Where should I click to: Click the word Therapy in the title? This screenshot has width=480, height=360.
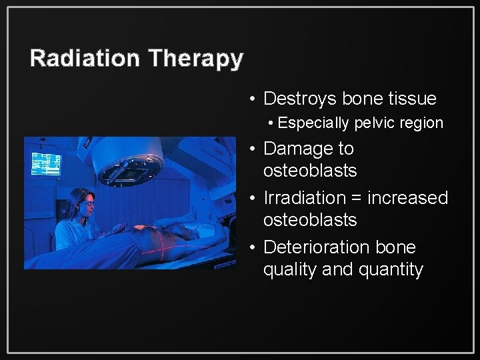click(x=195, y=59)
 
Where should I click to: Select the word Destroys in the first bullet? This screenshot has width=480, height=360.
click(x=300, y=99)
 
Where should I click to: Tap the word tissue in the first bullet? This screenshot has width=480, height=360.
click(x=411, y=99)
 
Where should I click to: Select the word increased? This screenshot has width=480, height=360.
click(x=408, y=198)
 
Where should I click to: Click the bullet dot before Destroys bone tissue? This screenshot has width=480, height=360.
click(x=252, y=99)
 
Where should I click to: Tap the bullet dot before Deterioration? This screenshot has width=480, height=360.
click(x=252, y=247)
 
